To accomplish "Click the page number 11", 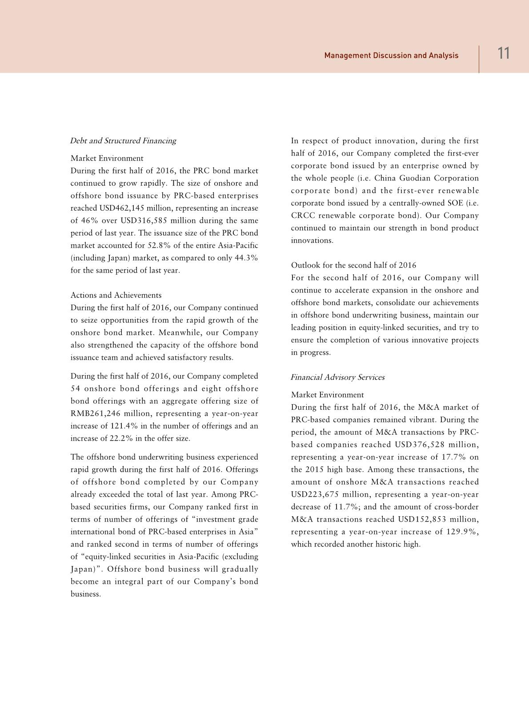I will point(503,54).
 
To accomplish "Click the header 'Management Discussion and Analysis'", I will point(391,56).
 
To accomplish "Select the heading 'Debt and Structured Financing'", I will point(123,141).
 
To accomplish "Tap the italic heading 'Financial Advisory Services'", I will point(337,377).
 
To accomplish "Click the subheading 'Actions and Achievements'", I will point(116,295).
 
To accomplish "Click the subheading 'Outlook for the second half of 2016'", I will point(353,265).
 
